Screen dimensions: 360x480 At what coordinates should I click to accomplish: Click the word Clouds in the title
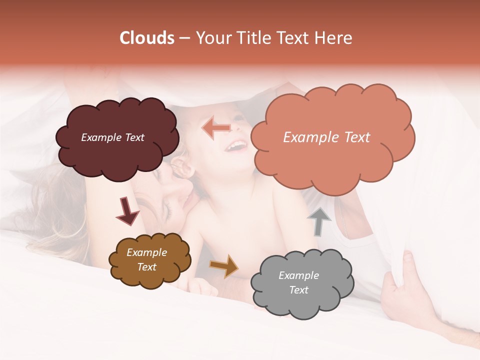(x=147, y=38)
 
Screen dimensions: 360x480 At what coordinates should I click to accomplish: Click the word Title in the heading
(x=254, y=38)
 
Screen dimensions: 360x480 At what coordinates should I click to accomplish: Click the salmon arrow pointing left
(x=216, y=128)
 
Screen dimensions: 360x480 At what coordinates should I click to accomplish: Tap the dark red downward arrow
(x=127, y=210)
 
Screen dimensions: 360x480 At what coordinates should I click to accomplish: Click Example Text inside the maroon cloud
(x=112, y=137)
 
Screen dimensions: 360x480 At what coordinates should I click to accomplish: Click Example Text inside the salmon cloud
(x=326, y=137)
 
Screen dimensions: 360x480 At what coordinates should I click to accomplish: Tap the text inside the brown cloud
(x=146, y=260)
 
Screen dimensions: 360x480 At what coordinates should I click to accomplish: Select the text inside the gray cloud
(x=298, y=282)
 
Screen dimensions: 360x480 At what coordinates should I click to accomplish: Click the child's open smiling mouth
(x=236, y=146)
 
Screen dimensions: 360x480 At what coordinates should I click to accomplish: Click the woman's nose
(x=186, y=187)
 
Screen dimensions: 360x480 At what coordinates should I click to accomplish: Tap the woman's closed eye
(x=168, y=212)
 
